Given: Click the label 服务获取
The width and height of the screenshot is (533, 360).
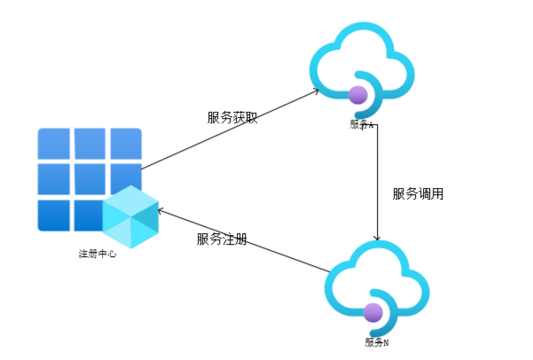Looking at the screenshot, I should point(232,117).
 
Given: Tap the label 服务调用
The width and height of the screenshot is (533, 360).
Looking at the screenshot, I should point(418,192).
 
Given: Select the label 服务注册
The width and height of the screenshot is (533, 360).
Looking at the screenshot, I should point(222,239).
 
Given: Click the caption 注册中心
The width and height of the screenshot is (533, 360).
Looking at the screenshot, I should point(98,254).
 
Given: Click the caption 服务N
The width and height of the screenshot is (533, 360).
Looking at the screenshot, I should point(376,342).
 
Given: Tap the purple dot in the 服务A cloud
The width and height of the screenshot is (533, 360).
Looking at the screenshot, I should point(358,94).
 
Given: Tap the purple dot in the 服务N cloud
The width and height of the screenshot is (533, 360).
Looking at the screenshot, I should point(373,312).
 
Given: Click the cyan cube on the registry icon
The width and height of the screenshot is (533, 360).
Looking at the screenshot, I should point(129,217).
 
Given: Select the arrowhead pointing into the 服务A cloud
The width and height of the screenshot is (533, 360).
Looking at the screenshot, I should point(316,91).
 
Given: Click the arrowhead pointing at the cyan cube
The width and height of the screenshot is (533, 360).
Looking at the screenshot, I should point(161,210).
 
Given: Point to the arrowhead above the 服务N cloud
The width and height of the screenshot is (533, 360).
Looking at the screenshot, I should point(379,237).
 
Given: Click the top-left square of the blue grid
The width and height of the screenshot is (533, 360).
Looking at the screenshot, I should point(53,142).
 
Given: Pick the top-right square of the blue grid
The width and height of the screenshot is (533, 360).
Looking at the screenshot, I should point(126,142).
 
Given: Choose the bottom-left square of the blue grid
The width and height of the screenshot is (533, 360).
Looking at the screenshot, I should point(53,215).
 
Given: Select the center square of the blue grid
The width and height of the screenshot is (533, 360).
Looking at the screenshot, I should point(90,178).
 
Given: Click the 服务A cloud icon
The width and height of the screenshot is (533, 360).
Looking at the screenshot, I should point(363,64).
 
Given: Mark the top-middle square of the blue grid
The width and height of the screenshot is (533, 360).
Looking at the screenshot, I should point(90,142).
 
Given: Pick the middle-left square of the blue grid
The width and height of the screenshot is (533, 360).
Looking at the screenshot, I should point(53,178).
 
